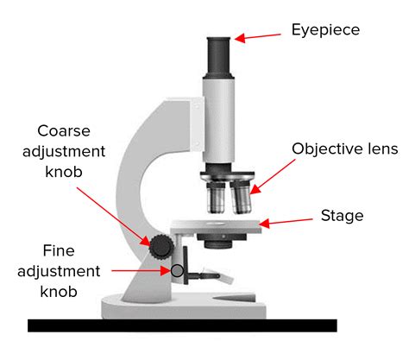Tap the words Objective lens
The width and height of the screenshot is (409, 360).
tap(338, 148)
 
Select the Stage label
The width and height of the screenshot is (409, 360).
tap(342, 215)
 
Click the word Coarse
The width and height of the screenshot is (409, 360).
tap(72, 131)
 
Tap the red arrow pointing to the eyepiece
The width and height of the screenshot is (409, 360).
tap(259, 36)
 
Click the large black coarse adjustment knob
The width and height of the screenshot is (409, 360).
tap(160, 247)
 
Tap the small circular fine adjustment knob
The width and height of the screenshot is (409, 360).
tap(178, 271)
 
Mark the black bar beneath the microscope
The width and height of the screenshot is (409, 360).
tap(181, 325)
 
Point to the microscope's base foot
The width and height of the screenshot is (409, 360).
tap(186, 303)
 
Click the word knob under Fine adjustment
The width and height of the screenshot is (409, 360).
tap(59, 292)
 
